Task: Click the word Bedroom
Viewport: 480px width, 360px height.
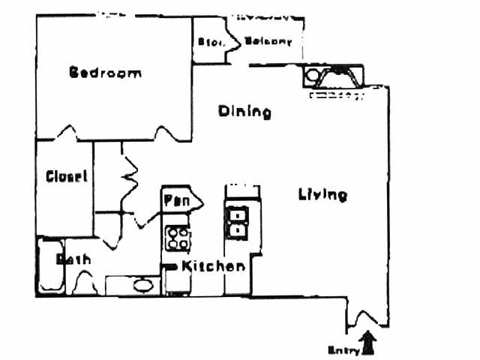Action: [x=105, y=73]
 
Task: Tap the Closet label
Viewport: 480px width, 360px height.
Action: [x=66, y=177]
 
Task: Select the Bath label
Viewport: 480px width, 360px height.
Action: [x=74, y=259]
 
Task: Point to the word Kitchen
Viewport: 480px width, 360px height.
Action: [x=213, y=266]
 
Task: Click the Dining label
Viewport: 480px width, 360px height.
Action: [x=244, y=112]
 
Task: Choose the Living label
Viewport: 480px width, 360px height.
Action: [x=322, y=195]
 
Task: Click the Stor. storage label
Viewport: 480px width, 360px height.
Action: [x=208, y=43]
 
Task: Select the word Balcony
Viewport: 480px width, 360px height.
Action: [x=268, y=42]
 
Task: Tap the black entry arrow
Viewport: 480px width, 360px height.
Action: [x=367, y=343]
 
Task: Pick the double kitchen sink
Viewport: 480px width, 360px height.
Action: [x=238, y=222]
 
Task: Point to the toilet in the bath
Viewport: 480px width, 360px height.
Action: [x=82, y=282]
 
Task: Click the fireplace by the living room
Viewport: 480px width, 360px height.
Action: [x=334, y=77]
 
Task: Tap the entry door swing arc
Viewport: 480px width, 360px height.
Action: [x=366, y=318]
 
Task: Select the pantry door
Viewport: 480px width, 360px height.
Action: [x=196, y=199]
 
